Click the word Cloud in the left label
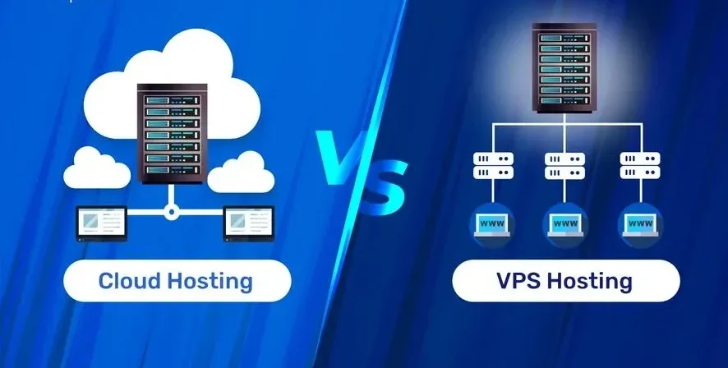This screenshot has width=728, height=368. (128, 281)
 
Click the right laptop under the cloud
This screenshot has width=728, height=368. (247, 223)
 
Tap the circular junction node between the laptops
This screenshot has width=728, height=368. (171, 211)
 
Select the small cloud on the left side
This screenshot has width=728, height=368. (97, 168)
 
